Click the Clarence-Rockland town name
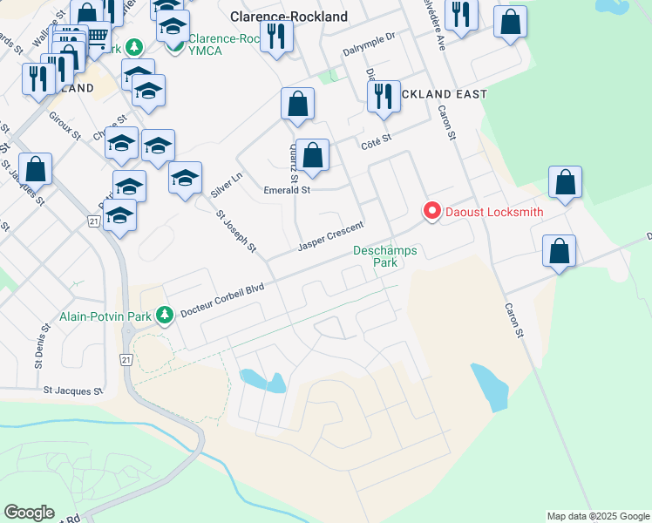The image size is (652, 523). (x=289, y=17)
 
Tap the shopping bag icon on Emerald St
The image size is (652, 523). (x=312, y=157)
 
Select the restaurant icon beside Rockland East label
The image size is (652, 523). (x=384, y=97)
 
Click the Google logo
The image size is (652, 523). (x=29, y=513)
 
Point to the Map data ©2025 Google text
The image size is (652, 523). (x=598, y=516)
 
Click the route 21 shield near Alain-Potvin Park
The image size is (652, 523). (x=127, y=334)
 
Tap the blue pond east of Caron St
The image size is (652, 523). (x=491, y=387)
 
